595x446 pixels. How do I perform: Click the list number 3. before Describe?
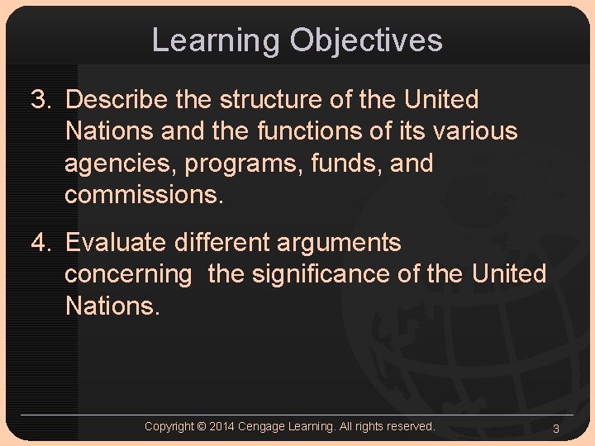[x=42, y=100]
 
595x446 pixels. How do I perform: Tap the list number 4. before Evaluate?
[x=42, y=244]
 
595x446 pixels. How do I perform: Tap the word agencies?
[x=120, y=164]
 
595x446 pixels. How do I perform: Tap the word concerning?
[x=127, y=274]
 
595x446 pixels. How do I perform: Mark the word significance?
[x=321, y=274]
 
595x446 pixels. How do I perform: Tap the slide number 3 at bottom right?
[x=556, y=428]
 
